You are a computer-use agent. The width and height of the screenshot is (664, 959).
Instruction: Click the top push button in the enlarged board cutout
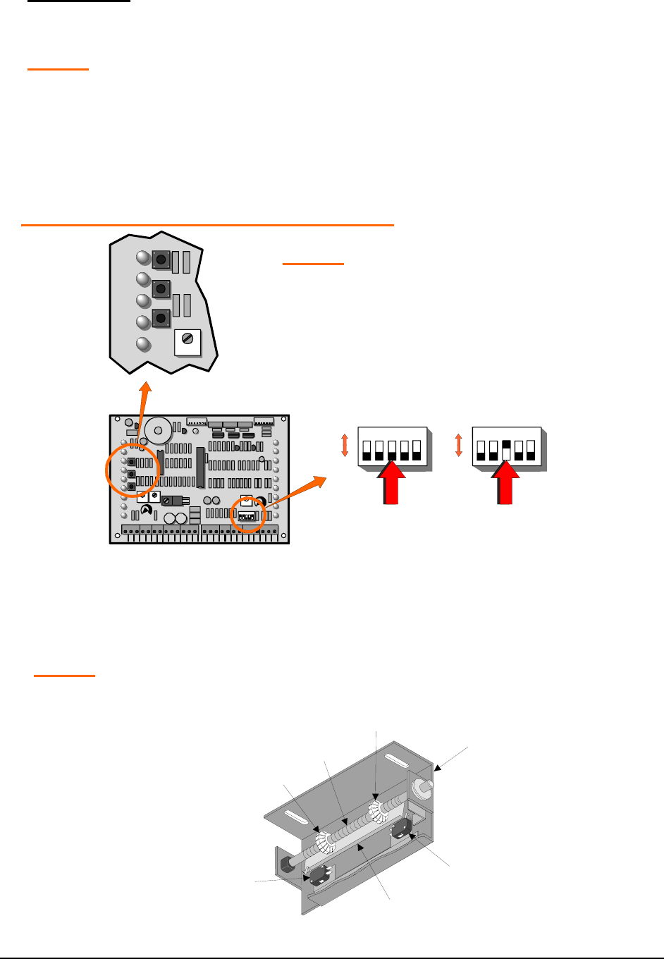click(x=161, y=259)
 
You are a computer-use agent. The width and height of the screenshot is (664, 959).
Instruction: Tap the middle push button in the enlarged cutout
click(x=161, y=288)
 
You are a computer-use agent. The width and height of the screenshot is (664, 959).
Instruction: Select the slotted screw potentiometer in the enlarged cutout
click(x=187, y=338)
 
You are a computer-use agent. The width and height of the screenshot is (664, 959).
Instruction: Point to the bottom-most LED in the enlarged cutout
click(x=143, y=345)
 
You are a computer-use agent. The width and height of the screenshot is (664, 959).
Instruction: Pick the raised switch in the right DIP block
click(x=505, y=449)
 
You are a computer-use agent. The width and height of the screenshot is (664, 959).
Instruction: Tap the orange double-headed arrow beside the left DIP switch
click(x=345, y=446)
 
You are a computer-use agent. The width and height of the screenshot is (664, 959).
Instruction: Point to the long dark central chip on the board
click(x=200, y=467)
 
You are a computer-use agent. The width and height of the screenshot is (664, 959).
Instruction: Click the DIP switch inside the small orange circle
click(x=247, y=516)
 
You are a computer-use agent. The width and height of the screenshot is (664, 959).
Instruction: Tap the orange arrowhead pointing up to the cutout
click(x=146, y=389)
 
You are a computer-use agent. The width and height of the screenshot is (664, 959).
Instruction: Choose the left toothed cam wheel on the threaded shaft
click(x=324, y=840)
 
